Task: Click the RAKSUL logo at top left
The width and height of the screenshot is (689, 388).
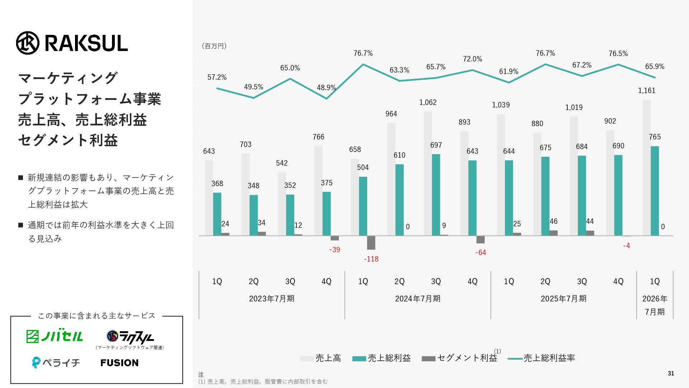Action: click(72, 43)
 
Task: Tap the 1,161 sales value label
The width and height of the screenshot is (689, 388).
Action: click(647, 91)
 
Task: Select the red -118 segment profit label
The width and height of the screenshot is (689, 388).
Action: click(371, 259)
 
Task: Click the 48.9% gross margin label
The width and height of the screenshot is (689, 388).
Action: click(326, 88)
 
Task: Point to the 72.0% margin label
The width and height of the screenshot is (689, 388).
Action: click(472, 59)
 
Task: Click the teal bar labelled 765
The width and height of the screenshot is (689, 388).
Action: click(655, 190)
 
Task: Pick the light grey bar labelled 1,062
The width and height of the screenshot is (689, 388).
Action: click(428, 172)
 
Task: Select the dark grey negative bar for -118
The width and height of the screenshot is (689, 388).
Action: click(371, 243)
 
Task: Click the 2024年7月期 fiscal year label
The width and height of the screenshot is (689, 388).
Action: click(418, 299)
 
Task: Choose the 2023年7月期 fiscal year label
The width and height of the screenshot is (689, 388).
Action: click(272, 299)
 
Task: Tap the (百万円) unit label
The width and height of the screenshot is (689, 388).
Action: click(214, 46)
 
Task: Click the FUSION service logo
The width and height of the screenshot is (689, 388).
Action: click(119, 363)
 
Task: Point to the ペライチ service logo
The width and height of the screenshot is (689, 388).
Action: click(56, 362)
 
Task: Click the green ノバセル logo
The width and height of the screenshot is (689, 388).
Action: click(55, 336)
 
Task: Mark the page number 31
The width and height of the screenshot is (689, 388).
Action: click(671, 374)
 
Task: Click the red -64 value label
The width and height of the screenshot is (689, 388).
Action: click(481, 253)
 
